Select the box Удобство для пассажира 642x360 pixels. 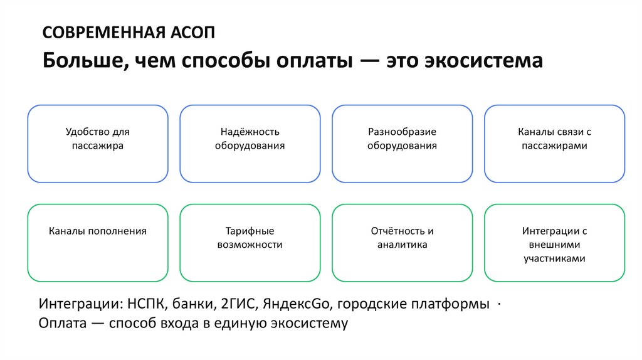[x=98, y=144]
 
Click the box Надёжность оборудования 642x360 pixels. [x=250, y=144]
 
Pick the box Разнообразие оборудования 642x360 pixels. [x=402, y=144]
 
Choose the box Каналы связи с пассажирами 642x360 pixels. [x=554, y=144]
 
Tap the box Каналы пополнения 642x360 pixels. [x=98, y=243]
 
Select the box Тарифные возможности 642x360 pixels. [x=250, y=243]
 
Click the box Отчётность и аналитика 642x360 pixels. [x=402, y=243]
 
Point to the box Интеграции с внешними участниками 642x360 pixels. [x=554, y=243]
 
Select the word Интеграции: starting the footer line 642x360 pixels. [x=80, y=305]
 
